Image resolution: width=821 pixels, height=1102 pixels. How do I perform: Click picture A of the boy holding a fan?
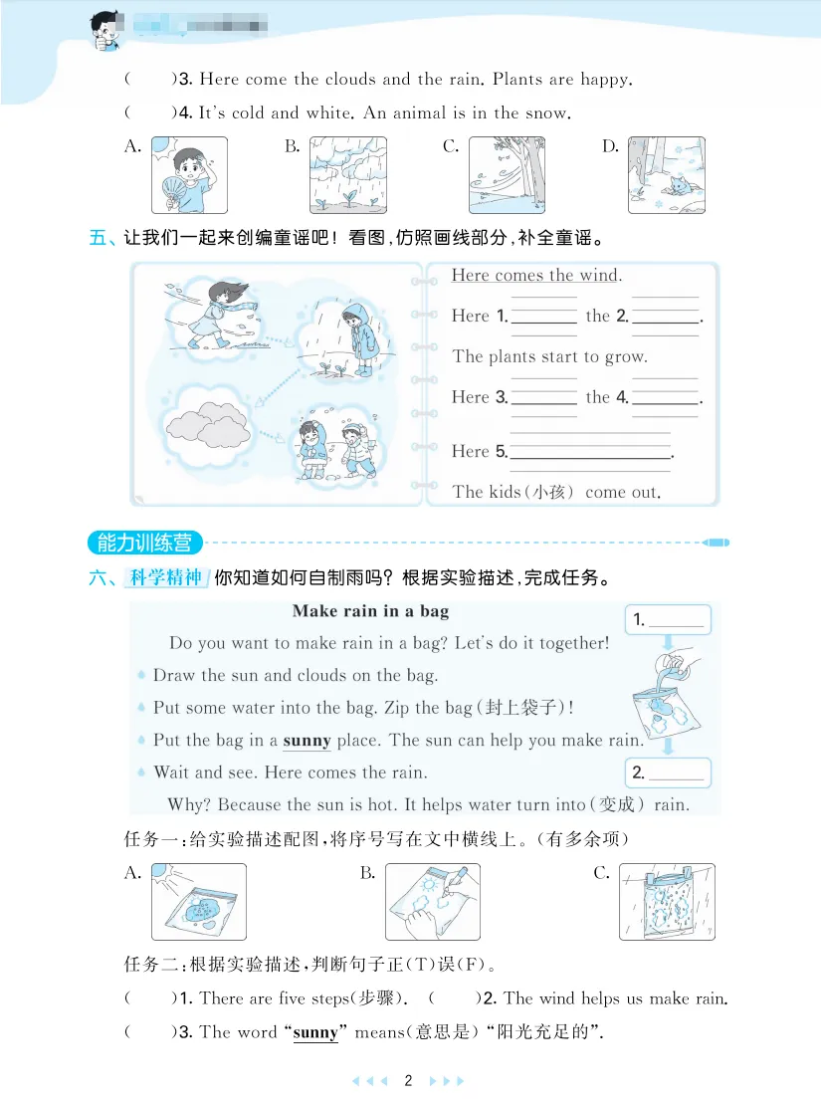coord(189,175)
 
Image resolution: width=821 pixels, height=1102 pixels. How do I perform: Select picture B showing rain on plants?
coord(347,175)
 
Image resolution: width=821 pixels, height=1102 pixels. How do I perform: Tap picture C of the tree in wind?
coord(507,175)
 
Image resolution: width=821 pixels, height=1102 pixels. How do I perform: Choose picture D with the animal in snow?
coord(666,175)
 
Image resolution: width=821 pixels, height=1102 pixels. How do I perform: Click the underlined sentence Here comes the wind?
coord(536,276)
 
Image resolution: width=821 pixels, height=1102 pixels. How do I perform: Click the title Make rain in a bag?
coord(370,611)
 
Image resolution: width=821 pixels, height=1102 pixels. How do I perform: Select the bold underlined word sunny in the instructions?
coord(307,741)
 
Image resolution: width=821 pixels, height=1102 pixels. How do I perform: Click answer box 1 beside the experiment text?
coord(668,620)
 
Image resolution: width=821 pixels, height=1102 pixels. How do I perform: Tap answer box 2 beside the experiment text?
coord(668,771)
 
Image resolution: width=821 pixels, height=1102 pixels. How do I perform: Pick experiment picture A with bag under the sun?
coord(199,902)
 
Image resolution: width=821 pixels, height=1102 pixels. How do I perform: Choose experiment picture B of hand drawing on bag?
coord(432,902)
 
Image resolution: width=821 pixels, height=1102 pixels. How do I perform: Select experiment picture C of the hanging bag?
coord(666,902)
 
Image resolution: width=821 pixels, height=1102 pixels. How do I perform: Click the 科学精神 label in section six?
coord(166,577)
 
